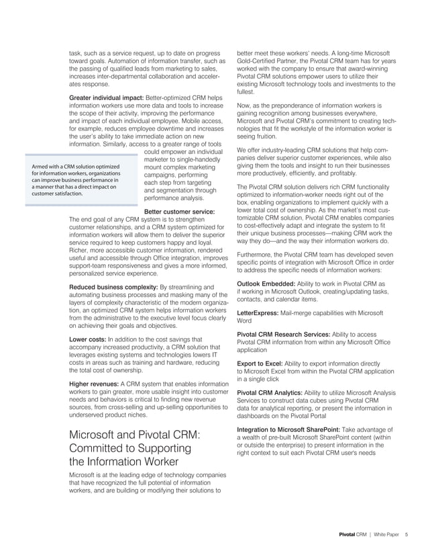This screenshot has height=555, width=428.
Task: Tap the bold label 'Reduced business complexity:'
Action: click(x=113, y=288)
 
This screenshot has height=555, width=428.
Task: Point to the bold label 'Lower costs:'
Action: click(x=87, y=340)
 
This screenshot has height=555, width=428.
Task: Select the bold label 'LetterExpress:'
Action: click(x=260, y=314)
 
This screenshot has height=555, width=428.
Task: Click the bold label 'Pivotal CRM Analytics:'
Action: click(x=270, y=392)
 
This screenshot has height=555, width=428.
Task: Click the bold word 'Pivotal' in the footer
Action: click(x=346, y=535)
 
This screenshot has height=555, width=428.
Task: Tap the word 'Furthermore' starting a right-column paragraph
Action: click(x=257, y=255)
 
